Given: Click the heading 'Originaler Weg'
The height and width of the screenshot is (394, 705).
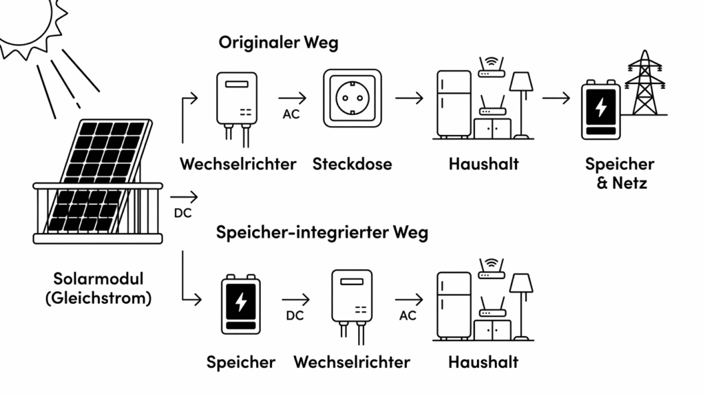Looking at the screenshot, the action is coord(278,43).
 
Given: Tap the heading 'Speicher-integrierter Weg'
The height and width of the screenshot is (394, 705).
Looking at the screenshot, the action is coord(322,233).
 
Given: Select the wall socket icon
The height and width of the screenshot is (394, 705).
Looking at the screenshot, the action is coord(352,98).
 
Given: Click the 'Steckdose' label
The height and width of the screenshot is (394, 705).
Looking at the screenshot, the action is coord(352,164).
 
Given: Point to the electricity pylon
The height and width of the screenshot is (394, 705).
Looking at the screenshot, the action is coord(644,83).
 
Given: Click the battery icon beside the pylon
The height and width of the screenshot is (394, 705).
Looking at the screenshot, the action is coord(600,110).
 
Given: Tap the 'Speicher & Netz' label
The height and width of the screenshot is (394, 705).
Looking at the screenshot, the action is coord(620,173).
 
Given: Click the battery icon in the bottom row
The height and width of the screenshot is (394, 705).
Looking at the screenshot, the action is coord(241,304).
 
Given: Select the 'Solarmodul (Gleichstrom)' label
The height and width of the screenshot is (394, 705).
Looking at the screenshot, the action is coord(98,289).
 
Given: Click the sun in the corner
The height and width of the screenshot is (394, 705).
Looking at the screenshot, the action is coord(28,23).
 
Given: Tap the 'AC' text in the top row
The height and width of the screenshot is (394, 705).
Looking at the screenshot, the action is coord(291,114).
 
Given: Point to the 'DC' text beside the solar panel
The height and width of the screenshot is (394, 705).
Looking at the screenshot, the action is coord(183,213).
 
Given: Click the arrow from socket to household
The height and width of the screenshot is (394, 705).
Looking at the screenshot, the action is coord(410,98).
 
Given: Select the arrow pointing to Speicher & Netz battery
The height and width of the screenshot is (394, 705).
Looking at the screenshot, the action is coord(556,98).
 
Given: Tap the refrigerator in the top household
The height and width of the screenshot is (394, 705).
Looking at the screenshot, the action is coord(454,104).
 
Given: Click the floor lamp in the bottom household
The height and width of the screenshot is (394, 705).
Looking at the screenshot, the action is coord(521,307).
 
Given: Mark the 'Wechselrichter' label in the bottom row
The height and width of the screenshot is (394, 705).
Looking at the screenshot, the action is coord(352,362).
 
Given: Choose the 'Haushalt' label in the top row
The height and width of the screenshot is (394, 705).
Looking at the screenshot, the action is coord(484,164).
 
